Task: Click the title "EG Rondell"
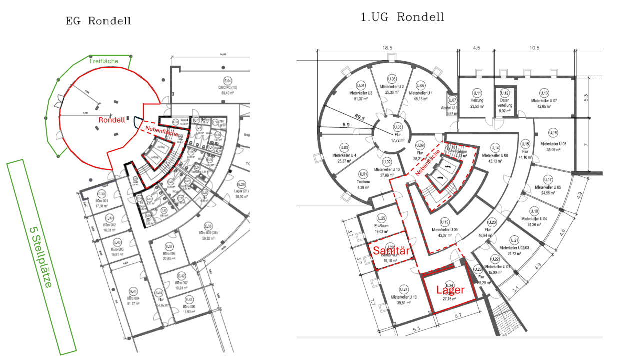[99, 21]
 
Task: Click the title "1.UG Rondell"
[402, 17]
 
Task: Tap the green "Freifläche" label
[104, 61]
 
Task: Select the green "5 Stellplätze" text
[41, 257]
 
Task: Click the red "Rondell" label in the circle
[111, 120]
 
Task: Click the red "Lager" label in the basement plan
[450, 290]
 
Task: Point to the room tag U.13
[544, 93]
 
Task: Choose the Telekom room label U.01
[363, 174]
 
